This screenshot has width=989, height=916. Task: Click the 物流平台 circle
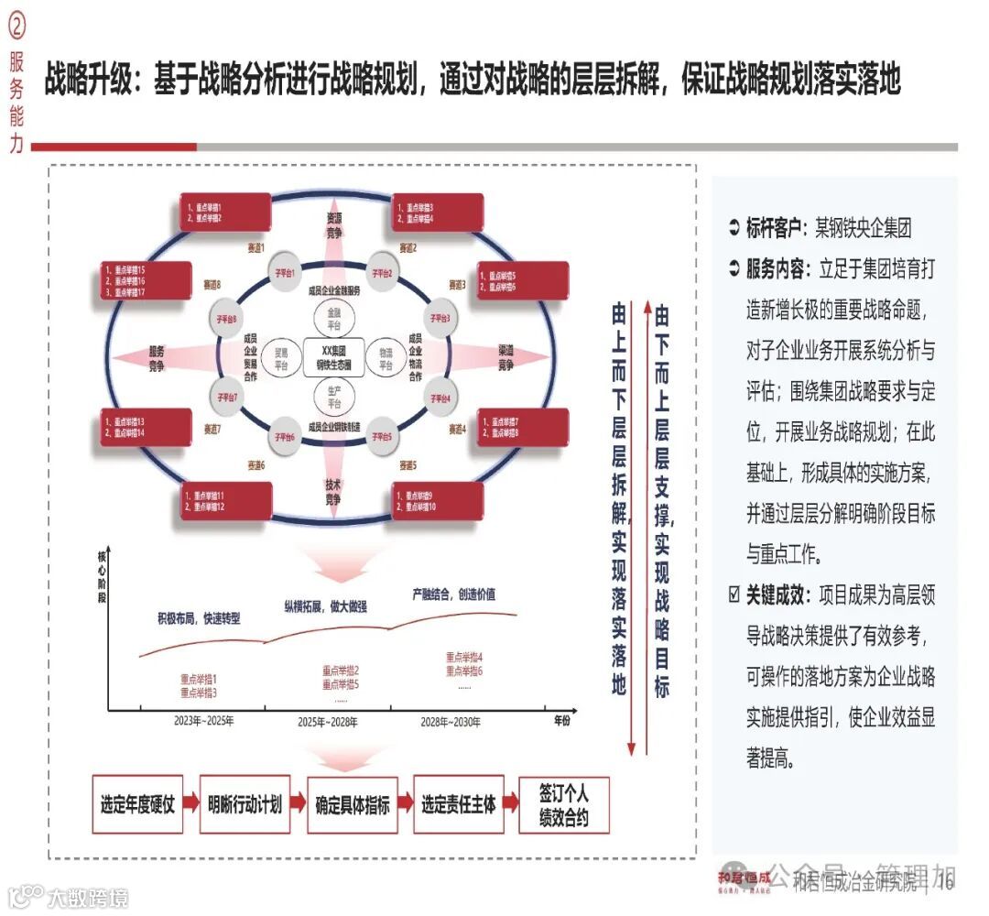pyautogui.click(x=379, y=355)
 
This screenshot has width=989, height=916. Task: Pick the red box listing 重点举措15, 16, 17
pyautogui.click(x=146, y=280)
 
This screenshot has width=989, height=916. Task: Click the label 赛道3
pyautogui.click(x=457, y=284)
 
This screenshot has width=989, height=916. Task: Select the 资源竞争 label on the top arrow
pyautogui.click(x=333, y=225)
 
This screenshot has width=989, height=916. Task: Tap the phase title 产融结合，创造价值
pyautogui.click(x=453, y=594)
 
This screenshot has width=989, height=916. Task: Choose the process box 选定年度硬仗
pyautogui.click(x=137, y=805)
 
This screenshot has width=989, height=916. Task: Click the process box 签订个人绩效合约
pyautogui.click(x=563, y=805)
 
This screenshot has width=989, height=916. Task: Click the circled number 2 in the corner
pyautogui.click(x=16, y=27)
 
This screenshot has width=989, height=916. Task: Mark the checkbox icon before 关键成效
pyautogui.click(x=734, y=595)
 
